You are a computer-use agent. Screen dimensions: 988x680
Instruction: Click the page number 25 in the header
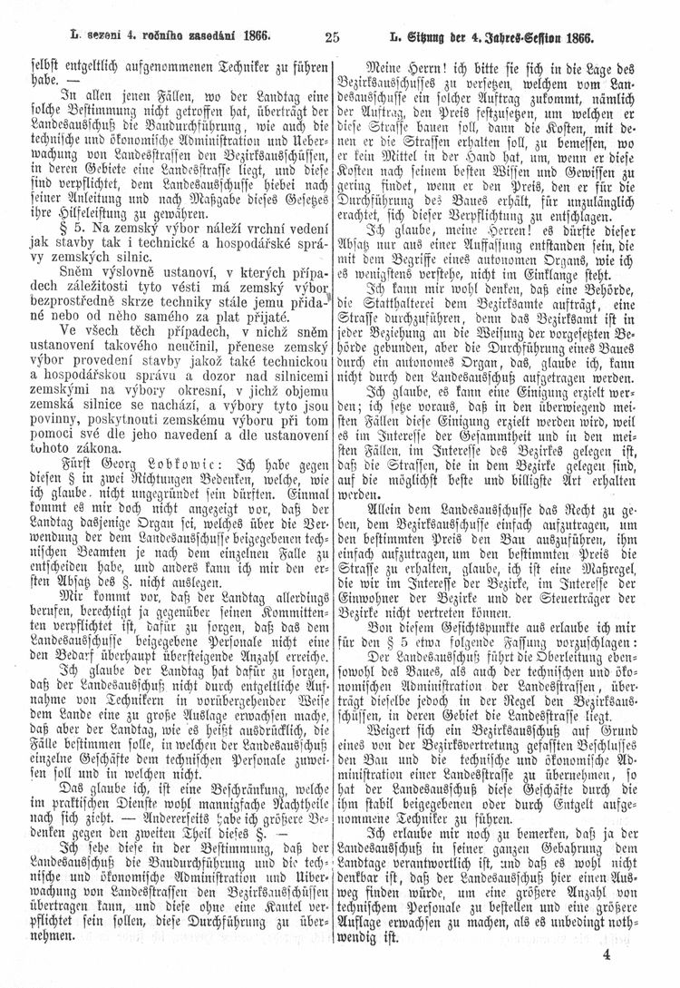pyautogui.click(x=329, y=37)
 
